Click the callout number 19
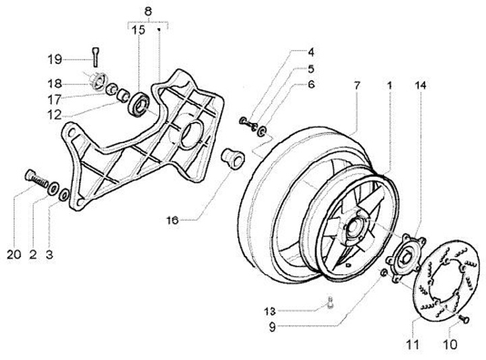[x=55, y=59]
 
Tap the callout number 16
[x=173, y=220]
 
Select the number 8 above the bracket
[x=148, y=11]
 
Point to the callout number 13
[x=269, y=311]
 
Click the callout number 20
[x=14, y=255]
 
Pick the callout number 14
[x=421, y=85]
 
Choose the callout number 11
[x=413, y=344]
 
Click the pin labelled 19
[x=95, y=57]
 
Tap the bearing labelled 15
[x=139, y=104]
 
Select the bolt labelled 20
[x=36, y=178]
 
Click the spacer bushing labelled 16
[x=233, y=159]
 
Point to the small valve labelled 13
[x=330, y=303]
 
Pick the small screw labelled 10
[x=464, y=318]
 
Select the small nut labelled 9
[x=383, y=273]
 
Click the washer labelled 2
[x=53, y=188]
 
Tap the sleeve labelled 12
[x=123, y=95]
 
